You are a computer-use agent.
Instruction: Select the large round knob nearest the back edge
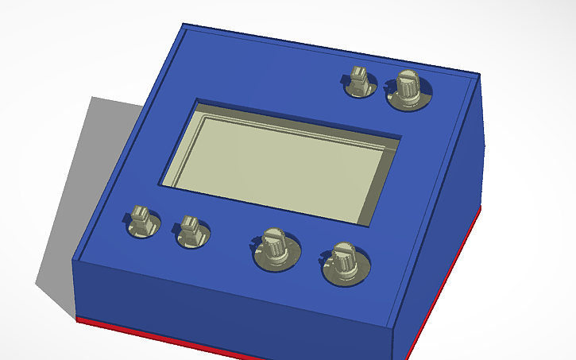408,89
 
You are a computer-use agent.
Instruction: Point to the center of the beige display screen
280,159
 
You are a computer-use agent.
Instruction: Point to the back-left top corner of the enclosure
184,25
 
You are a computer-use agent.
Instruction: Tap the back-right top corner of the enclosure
479,75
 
